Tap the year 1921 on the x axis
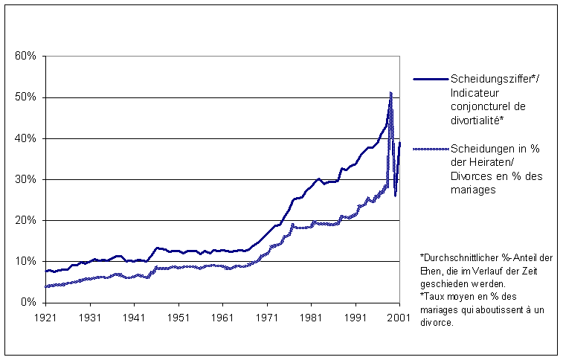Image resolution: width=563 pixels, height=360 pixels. (46, 316)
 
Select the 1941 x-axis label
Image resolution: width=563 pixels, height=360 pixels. (135, 316)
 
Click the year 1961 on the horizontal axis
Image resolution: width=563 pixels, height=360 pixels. (223, 316)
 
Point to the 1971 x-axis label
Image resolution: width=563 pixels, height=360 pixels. (267, 316)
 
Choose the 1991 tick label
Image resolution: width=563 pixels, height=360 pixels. (356, 316)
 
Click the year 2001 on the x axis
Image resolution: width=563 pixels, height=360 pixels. (399, 316)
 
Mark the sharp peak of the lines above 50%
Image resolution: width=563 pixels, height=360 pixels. (391, 93)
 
